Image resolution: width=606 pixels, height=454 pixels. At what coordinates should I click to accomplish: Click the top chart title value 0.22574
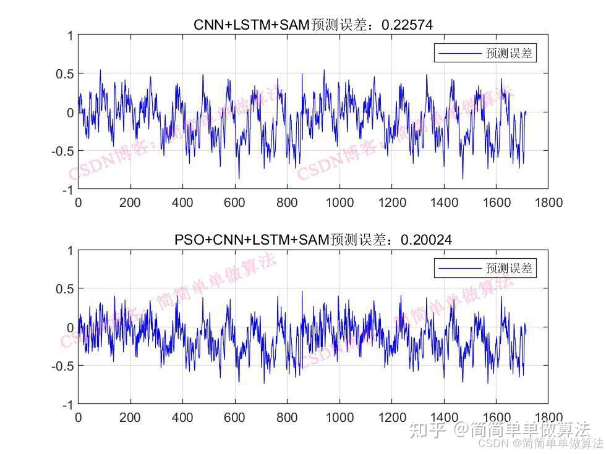408,25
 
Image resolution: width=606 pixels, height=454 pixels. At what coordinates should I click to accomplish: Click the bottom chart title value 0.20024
426,240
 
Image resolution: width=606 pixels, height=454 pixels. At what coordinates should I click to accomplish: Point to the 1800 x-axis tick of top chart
548,202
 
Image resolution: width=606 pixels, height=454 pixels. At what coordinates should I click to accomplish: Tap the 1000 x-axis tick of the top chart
339,202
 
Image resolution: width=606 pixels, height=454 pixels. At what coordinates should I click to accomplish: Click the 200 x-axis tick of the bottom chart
130,417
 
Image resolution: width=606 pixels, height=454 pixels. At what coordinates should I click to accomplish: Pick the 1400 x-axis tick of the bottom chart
444,417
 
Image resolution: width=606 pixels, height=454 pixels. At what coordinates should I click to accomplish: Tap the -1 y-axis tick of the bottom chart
67,405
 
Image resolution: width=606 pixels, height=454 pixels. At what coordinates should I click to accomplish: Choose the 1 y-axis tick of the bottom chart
70,251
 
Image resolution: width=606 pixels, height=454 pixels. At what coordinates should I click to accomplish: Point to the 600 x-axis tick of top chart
235,202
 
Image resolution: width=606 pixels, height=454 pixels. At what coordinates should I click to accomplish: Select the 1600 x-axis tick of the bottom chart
497,417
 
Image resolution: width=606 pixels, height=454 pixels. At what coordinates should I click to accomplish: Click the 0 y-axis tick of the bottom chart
70,327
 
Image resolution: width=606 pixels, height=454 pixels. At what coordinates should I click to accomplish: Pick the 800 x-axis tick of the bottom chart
287,417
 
